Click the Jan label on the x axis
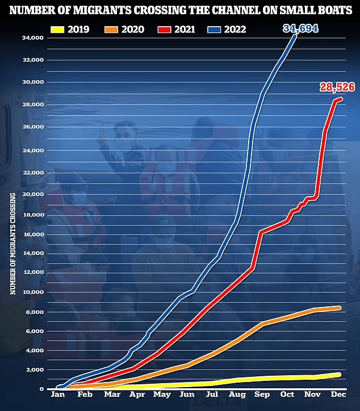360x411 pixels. [57, 393]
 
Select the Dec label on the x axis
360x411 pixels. [340, 393]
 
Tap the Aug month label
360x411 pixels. [237, 393]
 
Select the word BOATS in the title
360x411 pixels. [330, 9]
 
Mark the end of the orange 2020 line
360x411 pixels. [340, 308]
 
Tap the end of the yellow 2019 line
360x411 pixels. [340, 374]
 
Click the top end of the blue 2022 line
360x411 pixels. [295, 36]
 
